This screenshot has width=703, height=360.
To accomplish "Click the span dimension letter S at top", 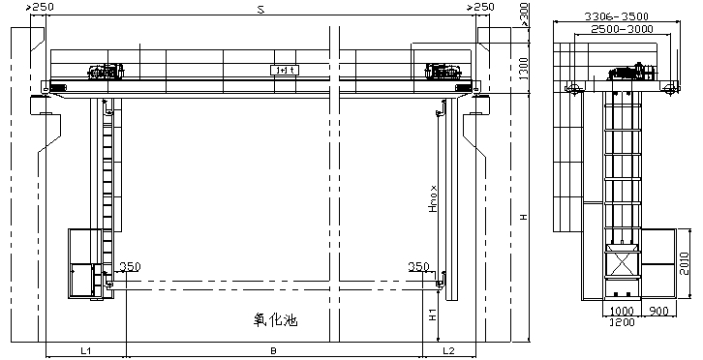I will [x=260, y=9].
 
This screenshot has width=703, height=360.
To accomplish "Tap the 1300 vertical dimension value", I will [x=524, y=70].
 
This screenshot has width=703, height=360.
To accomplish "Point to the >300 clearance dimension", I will [x=524, y=13].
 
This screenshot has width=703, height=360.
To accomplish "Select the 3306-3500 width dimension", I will [x=618, y=15].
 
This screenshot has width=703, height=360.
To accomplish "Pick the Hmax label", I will [x=434, y=204].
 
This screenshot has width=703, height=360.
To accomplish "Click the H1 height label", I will [x=434, y=315].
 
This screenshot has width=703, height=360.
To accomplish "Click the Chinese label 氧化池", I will [x=275, y=320].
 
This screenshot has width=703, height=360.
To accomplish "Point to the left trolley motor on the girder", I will [x=105, y=71].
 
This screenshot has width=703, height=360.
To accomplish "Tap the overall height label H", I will [x=524, y=218].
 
